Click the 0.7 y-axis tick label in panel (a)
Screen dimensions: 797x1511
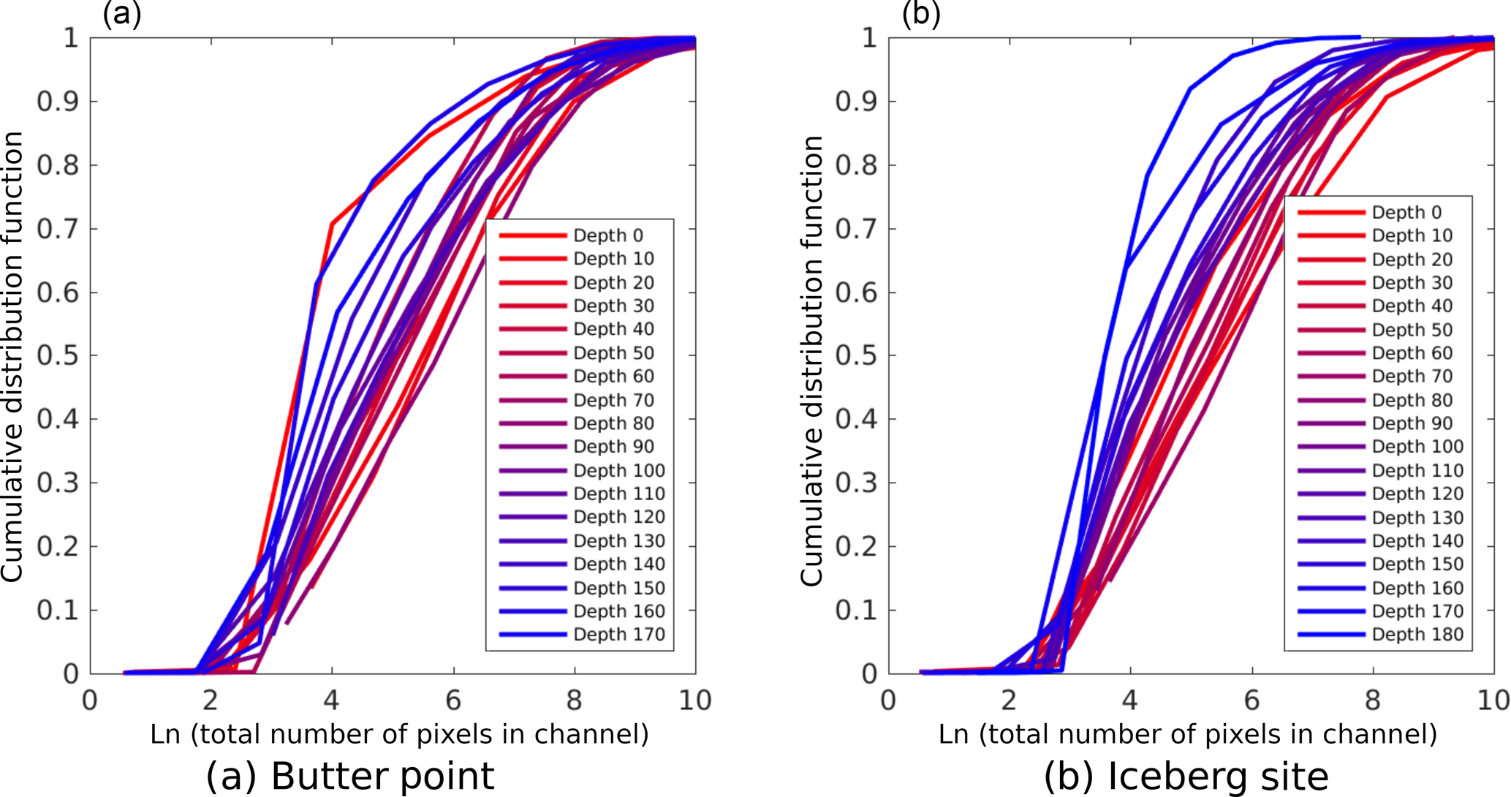coord(58,229)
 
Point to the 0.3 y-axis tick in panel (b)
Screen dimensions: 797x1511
coord(857,483)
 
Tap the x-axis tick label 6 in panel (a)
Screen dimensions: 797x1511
coord(453,700)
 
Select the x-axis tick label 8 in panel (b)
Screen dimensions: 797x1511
coord(1373,700)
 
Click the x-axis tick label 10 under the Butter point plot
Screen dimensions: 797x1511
coord(694,700)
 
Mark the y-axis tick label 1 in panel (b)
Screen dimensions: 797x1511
coord(869,38)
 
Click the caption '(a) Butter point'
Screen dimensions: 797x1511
coord(350,775)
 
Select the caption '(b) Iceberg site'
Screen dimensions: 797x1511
coord(1186,775)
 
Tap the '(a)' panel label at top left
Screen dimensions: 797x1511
coord(121,13)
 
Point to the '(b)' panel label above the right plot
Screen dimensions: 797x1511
coord(921,13)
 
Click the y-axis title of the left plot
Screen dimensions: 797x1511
coord(13,357)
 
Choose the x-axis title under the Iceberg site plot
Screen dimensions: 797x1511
coord(1188,733)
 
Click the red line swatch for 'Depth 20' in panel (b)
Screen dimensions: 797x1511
coord(1331,260)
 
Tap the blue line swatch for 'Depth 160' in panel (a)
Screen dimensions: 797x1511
coord(533,611)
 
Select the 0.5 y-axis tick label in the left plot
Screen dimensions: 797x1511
coord(58,356)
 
